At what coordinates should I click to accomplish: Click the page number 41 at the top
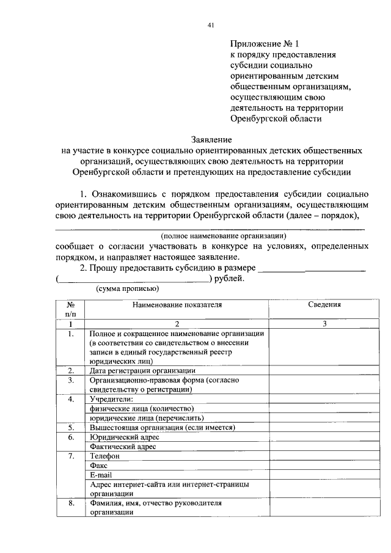[x=210, y=25]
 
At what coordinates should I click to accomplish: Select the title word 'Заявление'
[x=211, y=139]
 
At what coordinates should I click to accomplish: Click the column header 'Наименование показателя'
[x=177, y=304]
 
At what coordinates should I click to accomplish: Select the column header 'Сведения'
[x=324, y=304]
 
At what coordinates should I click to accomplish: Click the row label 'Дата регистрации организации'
[x=142, y=370]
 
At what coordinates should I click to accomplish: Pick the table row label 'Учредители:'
[x=112, y=399]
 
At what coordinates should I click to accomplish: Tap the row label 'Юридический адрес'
[x=124, y=438]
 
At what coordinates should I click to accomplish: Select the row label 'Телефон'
[x=104, y=456]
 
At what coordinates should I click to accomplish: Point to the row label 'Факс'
[x=99, y=465]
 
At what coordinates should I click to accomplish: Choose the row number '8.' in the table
[x=71, y=503]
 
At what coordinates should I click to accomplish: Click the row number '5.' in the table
[x=71, y=428]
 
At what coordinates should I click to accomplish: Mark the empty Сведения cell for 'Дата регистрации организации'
[x=324, y=370]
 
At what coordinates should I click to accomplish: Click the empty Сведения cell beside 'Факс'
[x=324, y=465]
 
